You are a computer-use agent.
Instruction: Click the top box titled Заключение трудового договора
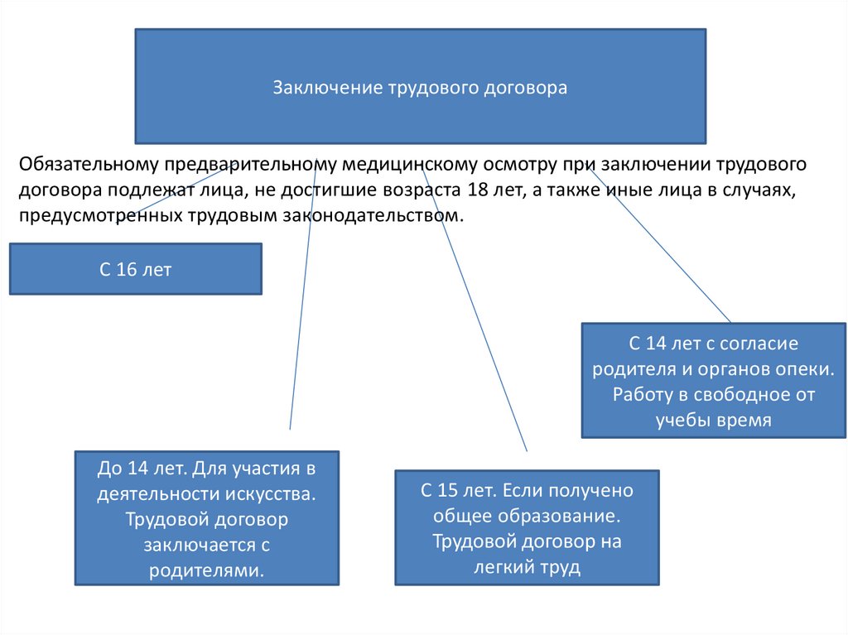tap(420, 87)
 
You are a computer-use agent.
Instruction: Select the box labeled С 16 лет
tap(135, 269)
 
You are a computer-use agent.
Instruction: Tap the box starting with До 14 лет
tap(206, 518)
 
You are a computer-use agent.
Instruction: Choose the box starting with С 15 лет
tap(527, 528)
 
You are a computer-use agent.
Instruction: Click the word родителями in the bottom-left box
tap(206, 570)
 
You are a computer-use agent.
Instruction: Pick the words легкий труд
tap(527, 567)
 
